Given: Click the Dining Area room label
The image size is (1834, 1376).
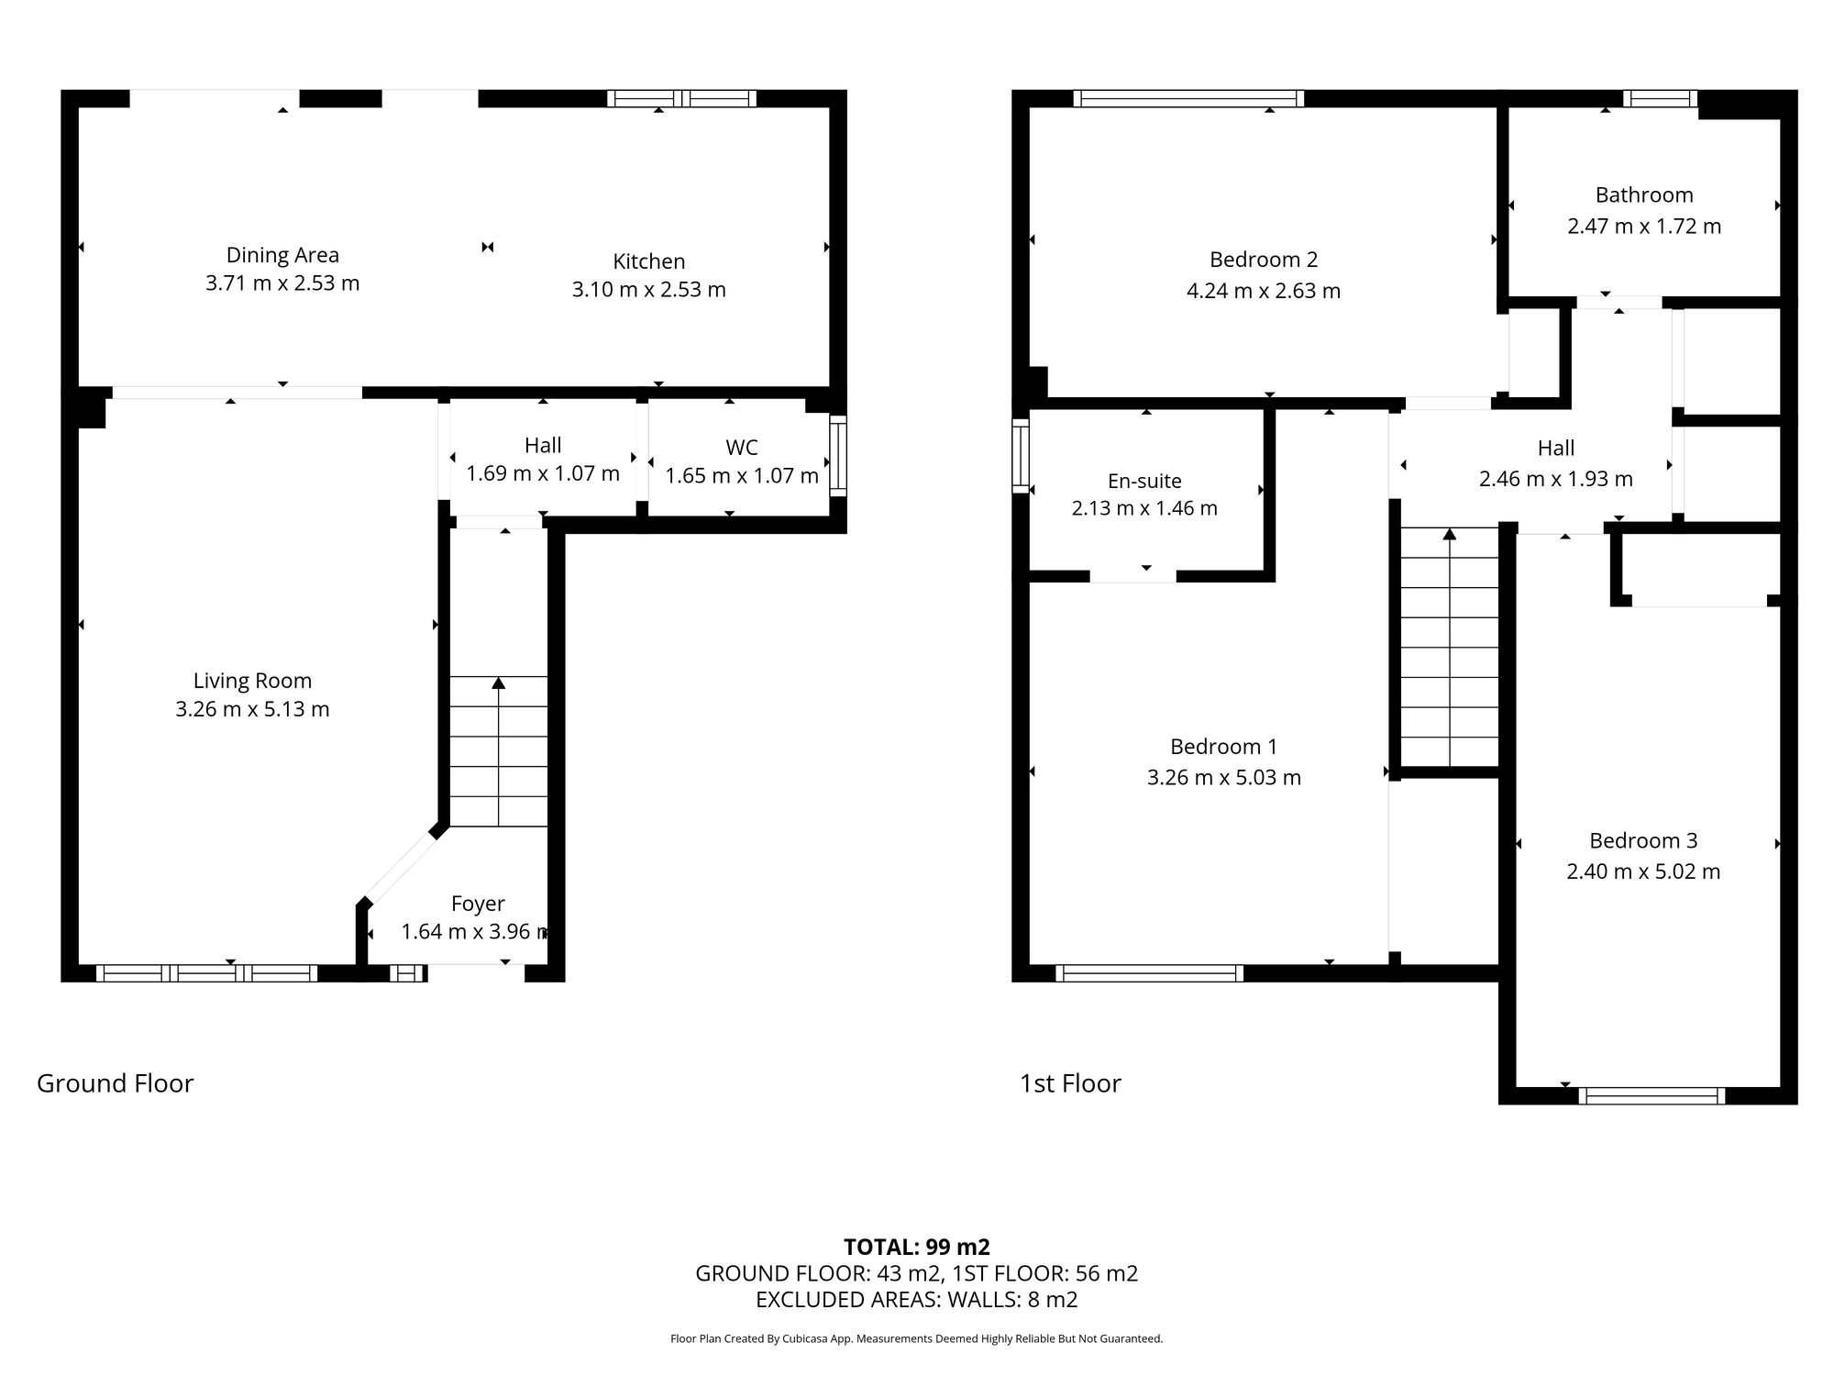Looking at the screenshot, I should (x=282, y=255).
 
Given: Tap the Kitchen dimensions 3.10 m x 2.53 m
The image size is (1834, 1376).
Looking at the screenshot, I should (x=648, y=290).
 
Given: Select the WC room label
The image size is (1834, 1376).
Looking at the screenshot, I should (x=741, y=448).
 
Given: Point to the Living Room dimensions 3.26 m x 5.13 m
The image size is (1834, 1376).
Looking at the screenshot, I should (x=252, y=709).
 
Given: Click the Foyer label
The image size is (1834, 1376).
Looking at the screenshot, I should (x=478, y=904).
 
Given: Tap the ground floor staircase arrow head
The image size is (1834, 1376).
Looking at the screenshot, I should (x=498, y=682).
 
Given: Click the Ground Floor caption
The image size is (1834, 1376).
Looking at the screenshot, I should (x=115, y=1083).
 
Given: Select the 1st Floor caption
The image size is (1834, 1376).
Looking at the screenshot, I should (x=1070, y=1083).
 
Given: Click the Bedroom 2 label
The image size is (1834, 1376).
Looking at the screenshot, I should (x=1263, y=260).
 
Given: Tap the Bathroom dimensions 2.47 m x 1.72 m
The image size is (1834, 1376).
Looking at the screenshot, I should (x=1643, y=227).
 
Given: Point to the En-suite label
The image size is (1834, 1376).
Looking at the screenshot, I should (x=1144, y=481).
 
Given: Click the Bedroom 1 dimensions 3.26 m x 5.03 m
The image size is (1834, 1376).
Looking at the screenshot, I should (x=1223, y=778).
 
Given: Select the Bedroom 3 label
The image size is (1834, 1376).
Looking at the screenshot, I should (x=1642, y=840).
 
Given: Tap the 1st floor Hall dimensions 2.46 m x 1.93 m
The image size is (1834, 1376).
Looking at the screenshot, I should (x=1555, y=479).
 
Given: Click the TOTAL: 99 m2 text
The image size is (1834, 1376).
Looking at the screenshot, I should (x=916, y=1247).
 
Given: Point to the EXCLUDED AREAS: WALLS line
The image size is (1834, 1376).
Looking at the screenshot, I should (x=916, y=1299).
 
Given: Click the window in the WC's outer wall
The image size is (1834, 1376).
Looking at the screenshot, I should (x=837, y=456).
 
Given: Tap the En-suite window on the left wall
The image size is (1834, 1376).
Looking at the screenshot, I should (x=1020, y=455).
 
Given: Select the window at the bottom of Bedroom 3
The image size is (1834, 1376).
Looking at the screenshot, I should (x=1651, y=1095).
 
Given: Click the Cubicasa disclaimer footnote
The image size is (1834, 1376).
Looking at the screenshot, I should (x=916, y=1338).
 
